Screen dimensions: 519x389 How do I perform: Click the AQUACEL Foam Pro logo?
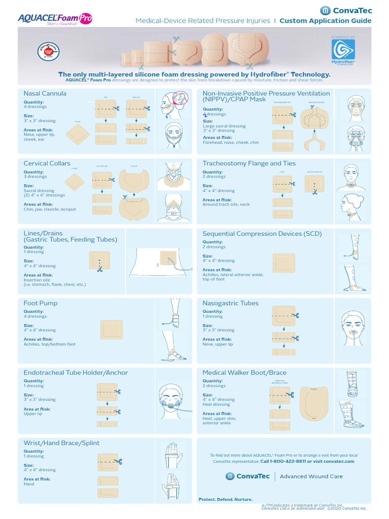55,18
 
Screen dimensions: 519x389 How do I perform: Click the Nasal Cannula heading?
45,93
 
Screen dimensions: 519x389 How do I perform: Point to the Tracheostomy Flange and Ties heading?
249,163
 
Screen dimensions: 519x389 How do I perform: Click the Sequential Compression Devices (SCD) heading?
262,234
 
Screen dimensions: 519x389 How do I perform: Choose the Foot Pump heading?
41,303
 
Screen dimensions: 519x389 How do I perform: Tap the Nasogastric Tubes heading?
230,303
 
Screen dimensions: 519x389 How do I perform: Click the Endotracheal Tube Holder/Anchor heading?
76,373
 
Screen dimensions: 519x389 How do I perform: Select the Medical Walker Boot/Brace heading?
245,373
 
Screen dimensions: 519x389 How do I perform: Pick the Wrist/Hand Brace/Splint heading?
62,442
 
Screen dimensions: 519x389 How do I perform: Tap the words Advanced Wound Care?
311,476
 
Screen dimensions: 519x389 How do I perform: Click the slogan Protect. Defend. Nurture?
225,499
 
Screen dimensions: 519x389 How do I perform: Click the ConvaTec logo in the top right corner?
346,10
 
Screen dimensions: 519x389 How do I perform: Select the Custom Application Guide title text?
325,21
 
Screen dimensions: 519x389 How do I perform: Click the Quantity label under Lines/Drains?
33,247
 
